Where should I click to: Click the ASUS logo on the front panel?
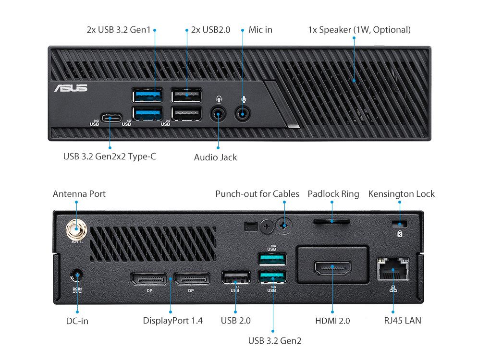(x=71, y=88)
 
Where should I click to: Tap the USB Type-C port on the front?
(x=110, y=117)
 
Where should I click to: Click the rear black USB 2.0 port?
(x=235, y=277)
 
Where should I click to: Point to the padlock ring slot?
(x=332, y=221)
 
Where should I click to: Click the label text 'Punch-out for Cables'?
(x=257, y=194)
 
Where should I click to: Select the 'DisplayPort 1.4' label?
(x=173, y=320)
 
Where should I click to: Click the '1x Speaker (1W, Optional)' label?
(x=359, y=30)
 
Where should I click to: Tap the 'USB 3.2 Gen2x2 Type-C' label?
(x=110, y=156)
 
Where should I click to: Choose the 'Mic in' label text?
(x=260, y=30)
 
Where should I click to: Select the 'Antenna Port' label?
(x=79, y=194)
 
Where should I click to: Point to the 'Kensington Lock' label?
(x=401, y=194)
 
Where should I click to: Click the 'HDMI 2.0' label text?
(x=332, y=320)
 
